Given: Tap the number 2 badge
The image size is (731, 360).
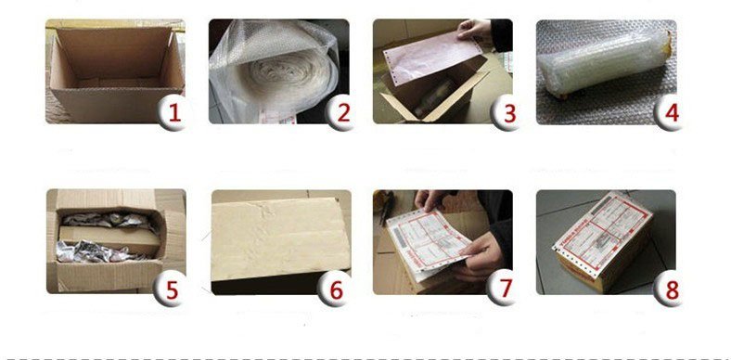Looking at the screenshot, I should click(341, 114).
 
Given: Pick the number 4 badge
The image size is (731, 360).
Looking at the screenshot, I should click(670, 114).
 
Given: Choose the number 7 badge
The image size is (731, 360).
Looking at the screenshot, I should click(504, 288).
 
